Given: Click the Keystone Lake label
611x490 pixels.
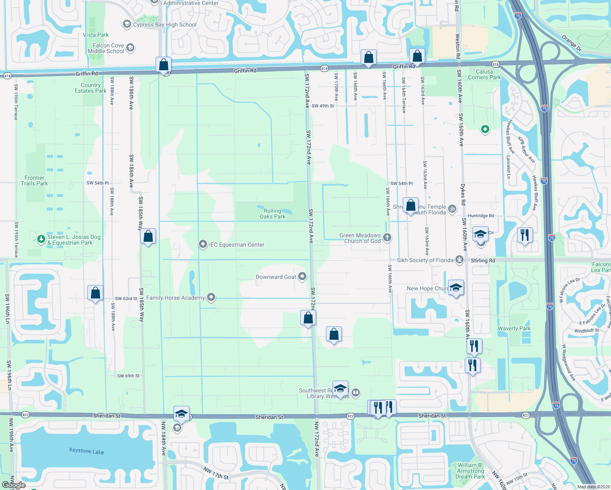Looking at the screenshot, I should [x=87, y=451].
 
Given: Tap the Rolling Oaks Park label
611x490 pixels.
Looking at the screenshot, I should [x=272, y=214].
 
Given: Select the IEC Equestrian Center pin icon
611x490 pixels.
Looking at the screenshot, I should [x=203, y=245].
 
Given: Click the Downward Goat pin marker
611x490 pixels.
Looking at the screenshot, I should [x=302, y=277].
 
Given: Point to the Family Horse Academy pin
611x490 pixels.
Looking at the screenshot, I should [x=211, y=297].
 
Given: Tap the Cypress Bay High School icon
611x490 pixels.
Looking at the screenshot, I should [x=127, y=24].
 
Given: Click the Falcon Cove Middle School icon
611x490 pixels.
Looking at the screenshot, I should [x=130, y=48].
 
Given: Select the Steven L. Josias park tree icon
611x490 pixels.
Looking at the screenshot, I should [x=41, y=239].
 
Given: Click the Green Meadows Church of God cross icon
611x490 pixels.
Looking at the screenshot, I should [x=387, y=237].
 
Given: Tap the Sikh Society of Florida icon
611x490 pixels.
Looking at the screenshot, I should [x=460, y=260].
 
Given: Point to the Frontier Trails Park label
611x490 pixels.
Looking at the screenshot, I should [x=34, y=180].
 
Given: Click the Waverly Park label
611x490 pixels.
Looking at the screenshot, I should [x=514, y=328].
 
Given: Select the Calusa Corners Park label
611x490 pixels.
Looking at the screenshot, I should [x=484, y=74].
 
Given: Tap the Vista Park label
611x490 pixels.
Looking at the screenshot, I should [x=96, y=35].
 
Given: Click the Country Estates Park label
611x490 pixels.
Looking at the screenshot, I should [x=91, y=88].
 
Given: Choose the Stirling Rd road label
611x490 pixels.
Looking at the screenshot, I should [x=483, y=261].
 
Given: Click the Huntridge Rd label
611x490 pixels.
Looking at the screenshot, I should [x=481, y=216].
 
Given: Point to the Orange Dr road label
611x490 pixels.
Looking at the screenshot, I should [x=571, y=43].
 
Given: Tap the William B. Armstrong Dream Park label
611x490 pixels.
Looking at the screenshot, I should [x=470, y=471].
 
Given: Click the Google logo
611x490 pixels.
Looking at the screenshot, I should [x=13, y=485].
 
